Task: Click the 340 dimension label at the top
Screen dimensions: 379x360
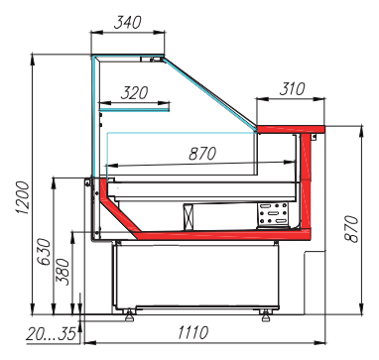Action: (127, 23)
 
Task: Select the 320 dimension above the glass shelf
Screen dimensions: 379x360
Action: (134, 93)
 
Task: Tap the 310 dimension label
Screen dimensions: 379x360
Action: (293, 89)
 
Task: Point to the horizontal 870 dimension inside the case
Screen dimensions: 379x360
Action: (202, 154)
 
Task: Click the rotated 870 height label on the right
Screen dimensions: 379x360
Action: (351, 229)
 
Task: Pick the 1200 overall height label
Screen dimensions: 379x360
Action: (23, 197)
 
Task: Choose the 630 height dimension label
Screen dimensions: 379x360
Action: (44, 252)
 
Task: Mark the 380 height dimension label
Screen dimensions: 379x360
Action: (63, 272)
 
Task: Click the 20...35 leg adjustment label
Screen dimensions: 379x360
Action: (52, 334)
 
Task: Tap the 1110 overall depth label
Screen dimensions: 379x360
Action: (193, 332)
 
